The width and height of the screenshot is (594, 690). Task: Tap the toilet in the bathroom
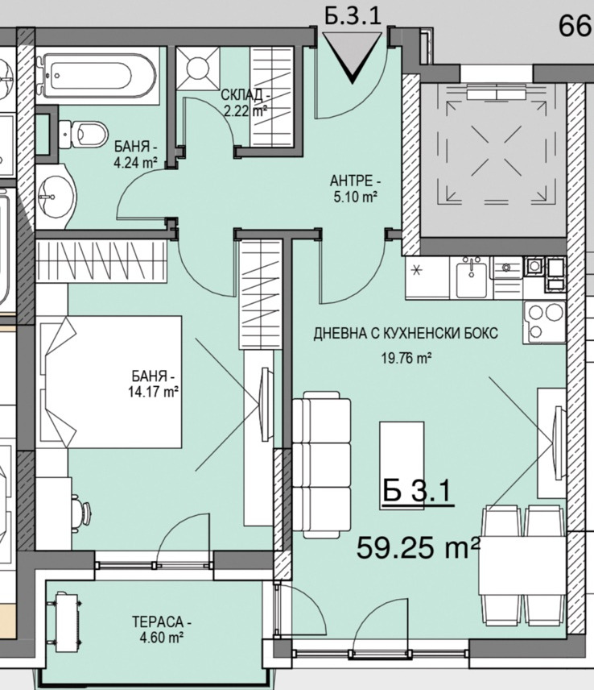tap(84, 133)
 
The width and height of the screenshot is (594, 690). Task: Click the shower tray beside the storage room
tap(198, 69)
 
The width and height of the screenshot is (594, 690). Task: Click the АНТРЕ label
tap(355, 181)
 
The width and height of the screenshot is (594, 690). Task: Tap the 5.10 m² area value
tap(355, 197)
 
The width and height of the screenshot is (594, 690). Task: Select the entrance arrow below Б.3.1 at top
tap(353, 58)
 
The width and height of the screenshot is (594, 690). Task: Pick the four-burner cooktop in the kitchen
tap(544, 322)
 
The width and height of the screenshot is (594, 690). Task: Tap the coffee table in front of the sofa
tap(402, 465)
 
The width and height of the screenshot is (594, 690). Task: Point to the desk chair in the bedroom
tap(83, 511)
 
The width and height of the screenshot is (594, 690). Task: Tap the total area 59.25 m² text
tap(418, 548)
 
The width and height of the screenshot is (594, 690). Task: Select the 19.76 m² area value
tap(406, 358)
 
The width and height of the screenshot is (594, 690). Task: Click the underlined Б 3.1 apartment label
tap(416, 492)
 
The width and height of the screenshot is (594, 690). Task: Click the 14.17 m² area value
tap(153, 392)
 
